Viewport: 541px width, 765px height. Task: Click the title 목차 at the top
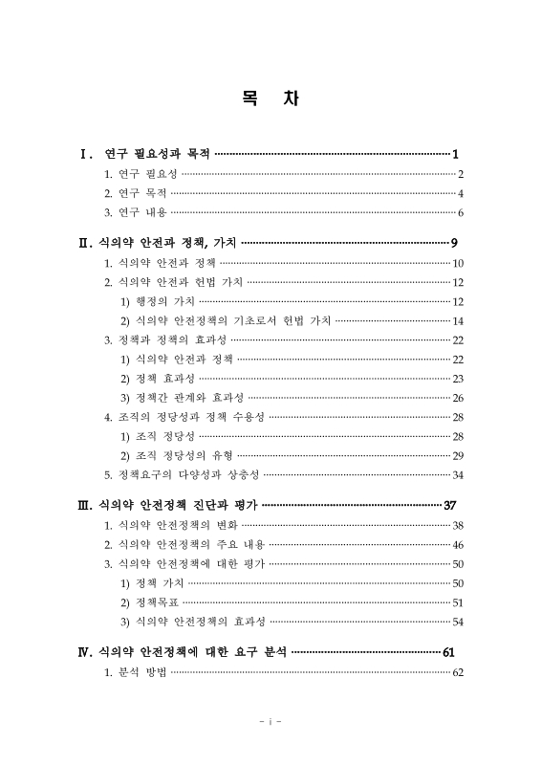pyautogui.click(x=270, y=98)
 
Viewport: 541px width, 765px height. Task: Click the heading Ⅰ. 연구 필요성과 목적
pyautogui.click(x=144, y=153)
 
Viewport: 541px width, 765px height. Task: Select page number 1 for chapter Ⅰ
pyautogui.click(x=457, y=153)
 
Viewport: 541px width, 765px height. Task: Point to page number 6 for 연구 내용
pyautogui.click(x=460, y=212)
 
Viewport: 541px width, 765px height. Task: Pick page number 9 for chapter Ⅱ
pyautogui.click(x=457, y=242)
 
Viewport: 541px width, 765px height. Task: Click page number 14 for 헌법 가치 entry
pyautogui.click(x=458, y=320)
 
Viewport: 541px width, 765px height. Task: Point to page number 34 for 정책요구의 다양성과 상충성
pyautogui.click(x=458, y=474)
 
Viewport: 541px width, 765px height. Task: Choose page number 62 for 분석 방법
pyautogui.click(x=458, y=673)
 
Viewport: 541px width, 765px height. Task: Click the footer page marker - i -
pyautogui.click(x=270, y=721)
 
